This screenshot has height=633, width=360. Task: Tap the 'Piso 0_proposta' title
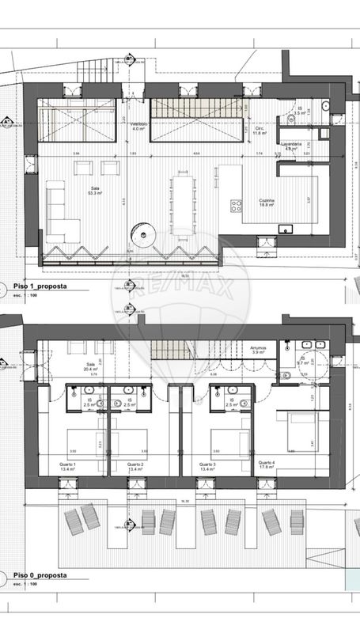pos(40,575)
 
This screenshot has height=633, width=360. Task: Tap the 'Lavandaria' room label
pos(292,146)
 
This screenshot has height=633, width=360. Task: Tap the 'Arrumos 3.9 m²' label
pos(257,350)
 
